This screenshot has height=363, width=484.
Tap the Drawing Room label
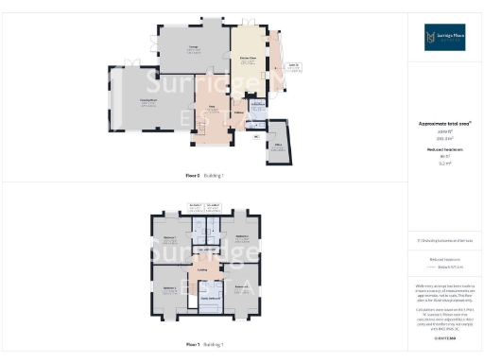(x=148, y=101)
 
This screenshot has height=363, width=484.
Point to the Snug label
(x=213, y=111)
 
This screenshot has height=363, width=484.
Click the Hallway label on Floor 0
(x=238, y=115)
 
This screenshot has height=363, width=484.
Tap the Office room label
(x=280, y=146)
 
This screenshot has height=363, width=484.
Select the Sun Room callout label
(x=294, y=67)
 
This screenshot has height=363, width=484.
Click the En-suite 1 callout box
(x=196, y=208)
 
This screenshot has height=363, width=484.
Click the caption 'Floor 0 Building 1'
(x=204, y=175)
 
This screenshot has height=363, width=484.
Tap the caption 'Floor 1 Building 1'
(x=204, y=344)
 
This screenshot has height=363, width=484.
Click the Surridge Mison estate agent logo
(x=444, y=37)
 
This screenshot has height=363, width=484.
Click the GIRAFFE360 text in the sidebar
(x=444, y=337)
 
